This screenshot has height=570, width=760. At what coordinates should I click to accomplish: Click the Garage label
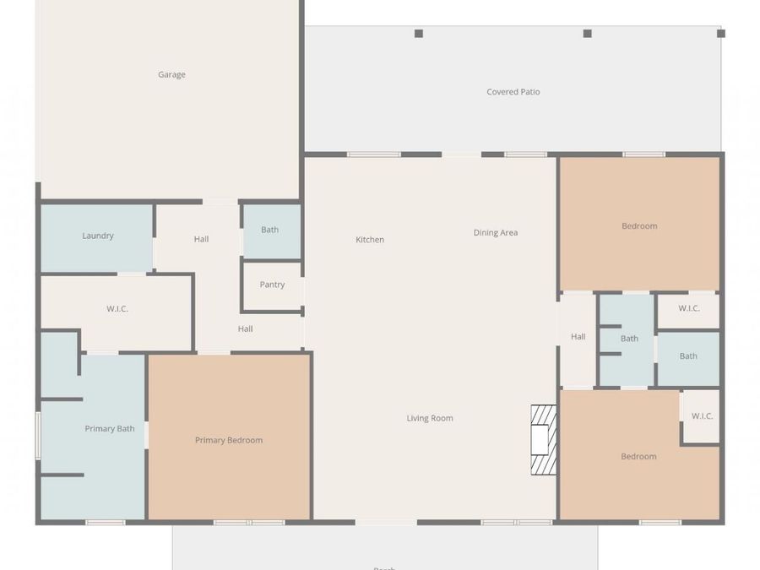point(171,74)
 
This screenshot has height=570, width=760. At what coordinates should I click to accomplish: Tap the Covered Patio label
point(513,92)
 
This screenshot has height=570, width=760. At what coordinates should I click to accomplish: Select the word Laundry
point(98,236)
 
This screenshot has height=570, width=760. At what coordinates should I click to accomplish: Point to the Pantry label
point(272,285)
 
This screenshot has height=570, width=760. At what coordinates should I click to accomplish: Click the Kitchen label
point(369,240)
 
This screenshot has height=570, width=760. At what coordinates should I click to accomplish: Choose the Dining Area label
point(495,233)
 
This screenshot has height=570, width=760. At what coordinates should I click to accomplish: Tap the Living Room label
point(430,418)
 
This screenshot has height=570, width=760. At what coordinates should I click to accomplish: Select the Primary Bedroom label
point(228,440)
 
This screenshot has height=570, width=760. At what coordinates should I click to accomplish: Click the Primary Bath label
point(110,429)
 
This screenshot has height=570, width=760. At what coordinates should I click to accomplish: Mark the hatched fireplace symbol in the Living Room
point(543,440)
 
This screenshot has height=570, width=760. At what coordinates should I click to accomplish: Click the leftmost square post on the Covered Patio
point(419,34)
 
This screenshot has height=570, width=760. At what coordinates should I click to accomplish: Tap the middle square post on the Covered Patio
point(587,34)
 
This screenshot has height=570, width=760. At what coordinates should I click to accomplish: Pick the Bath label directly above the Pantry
point(269,230)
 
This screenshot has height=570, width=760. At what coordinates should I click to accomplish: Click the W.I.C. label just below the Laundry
point(117,309)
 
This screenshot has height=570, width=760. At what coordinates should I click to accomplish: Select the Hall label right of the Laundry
point(201,239)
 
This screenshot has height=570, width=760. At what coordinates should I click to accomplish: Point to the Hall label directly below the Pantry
point(245,329)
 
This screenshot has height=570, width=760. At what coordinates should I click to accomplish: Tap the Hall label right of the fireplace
point(578,337)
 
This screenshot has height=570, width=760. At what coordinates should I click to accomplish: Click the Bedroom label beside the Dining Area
point(639,226)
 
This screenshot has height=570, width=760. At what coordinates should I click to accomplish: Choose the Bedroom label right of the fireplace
point(638,457)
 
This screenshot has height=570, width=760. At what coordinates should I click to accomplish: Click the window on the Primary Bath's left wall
point(38,436)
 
